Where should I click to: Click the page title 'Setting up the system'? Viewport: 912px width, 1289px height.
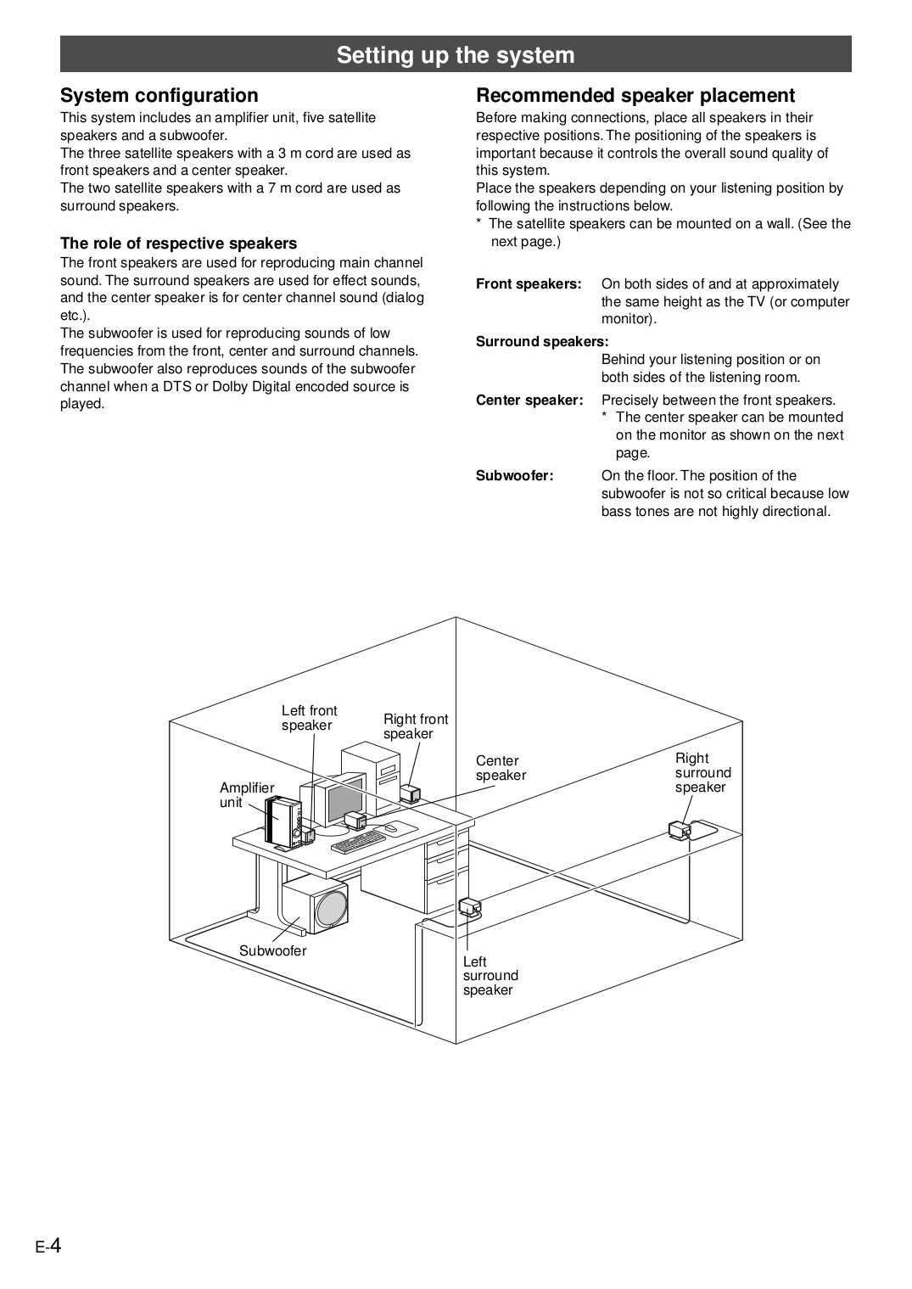coord(456,55)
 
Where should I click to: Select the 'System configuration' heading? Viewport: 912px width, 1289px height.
coord(159,95)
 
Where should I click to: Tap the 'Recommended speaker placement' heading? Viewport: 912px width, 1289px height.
coord(635,95)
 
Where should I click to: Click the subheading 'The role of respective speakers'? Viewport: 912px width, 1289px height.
coord(178,244)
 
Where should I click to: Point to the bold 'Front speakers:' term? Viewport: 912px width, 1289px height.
coord(529,284)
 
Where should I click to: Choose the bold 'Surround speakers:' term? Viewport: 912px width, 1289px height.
coord(542,342)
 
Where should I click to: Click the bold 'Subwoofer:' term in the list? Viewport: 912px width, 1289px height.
coord(514,476)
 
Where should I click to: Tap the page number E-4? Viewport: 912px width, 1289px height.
coord(48,1246)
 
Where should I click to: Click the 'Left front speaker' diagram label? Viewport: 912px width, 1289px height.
coord(309,718)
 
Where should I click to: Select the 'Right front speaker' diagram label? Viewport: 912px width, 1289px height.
coord(415,726)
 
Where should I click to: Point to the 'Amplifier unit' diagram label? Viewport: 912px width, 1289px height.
coord(246,795)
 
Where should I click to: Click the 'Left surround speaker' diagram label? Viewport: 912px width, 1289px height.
coord(490,976)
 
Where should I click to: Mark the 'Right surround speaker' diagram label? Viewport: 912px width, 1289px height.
coord(702,773)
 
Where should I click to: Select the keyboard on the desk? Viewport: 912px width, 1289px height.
coord(358,841)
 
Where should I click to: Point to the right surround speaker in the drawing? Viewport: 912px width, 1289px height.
coord(680,829)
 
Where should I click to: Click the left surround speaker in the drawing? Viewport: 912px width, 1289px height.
coord(469,906)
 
